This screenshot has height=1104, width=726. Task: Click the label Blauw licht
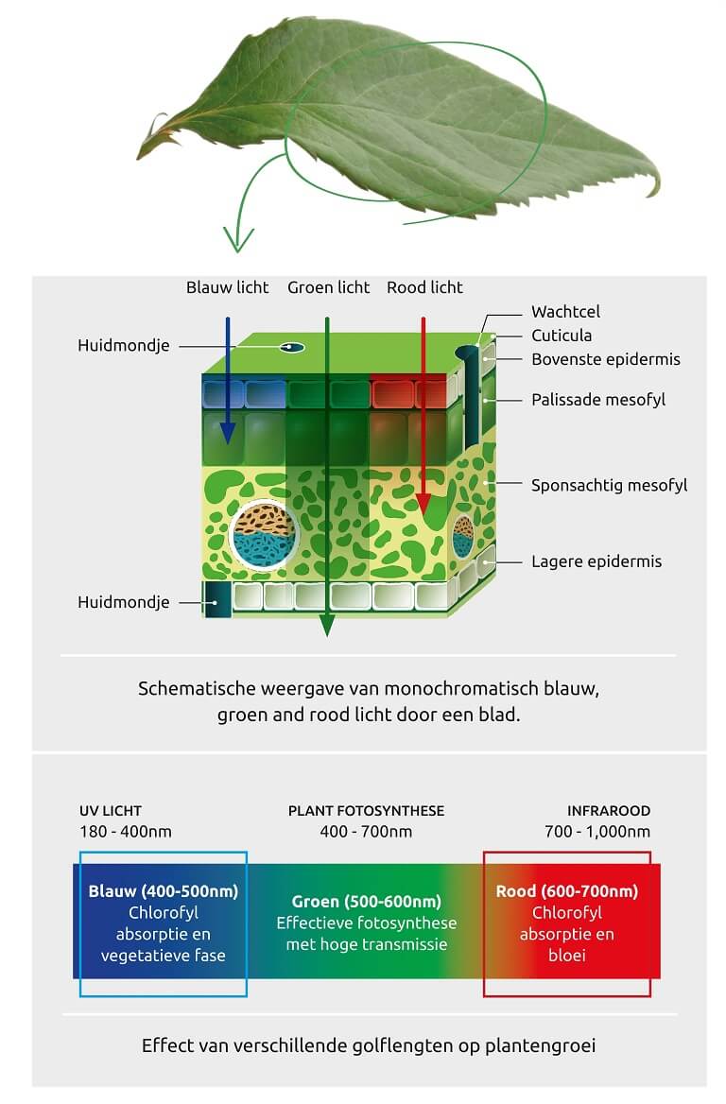[x=228, y=287]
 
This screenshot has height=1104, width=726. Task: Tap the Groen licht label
[x=328, y=287]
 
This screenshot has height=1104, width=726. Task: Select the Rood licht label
[x=424, y=287]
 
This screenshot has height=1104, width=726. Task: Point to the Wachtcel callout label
[x=565, y=311]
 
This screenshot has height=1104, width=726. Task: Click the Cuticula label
[x=562, y=336]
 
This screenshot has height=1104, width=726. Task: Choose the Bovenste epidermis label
[x=606, y=359]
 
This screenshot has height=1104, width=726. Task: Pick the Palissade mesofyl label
[x=597, y=400]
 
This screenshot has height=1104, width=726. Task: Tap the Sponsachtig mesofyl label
[x=609, y=485]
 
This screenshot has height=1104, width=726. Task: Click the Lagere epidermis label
[x=596, y=561]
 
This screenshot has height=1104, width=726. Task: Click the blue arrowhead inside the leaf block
[x=227, y=434]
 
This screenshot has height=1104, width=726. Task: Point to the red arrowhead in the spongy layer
[x=423, y=504]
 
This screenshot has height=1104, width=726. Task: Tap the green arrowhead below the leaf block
[x=327, y=625]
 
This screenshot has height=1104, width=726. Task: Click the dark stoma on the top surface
[x=291, y=347]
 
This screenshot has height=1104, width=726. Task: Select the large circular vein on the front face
[x=264, y=534]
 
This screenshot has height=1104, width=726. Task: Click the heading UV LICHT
[x=111, y=810]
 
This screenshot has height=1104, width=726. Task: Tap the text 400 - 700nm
[x=366, y=832]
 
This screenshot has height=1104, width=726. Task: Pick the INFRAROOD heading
[x=609, y=810]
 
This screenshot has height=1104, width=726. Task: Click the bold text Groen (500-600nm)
[x=366, y=901]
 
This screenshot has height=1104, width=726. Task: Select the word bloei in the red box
[x=567, y=956]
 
